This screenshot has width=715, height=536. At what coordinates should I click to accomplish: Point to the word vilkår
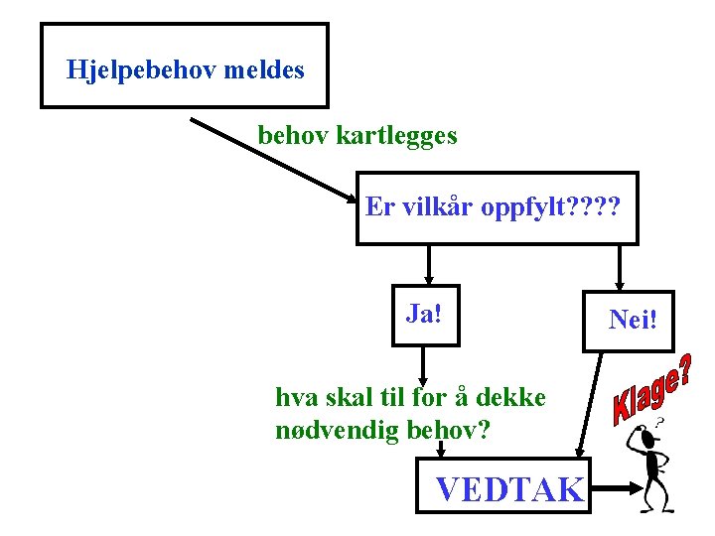[436, 207]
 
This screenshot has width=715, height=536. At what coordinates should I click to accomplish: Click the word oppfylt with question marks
[551, 207]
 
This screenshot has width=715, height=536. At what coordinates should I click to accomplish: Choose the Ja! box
[425, 316]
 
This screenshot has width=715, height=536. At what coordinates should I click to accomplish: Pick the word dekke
[511, 398]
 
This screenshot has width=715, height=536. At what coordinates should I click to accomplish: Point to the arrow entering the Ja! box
[428, 266]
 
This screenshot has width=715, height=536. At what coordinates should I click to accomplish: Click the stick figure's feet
[658, 506]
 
